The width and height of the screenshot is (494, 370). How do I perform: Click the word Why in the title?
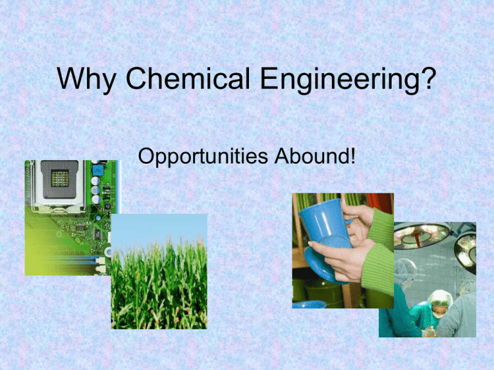point(86,80)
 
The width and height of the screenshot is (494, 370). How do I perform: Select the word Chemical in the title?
point(187,78)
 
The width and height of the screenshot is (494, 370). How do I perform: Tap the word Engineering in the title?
point(340,80)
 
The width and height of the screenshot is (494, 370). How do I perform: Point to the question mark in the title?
point(429,78)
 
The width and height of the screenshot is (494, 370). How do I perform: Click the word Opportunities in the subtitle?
point(203,157)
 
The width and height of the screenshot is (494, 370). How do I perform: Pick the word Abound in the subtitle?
point(311,155)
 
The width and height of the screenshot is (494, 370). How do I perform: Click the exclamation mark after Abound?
point(352,155)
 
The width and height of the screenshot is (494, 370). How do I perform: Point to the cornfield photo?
point(159,272)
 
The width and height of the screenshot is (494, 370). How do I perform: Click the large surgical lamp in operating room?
point(422,234)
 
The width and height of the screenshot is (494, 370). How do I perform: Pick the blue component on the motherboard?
point(98,170)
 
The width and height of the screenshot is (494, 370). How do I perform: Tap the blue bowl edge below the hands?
point(309,304)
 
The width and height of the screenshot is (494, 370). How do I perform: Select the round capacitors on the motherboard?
point(95,190)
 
